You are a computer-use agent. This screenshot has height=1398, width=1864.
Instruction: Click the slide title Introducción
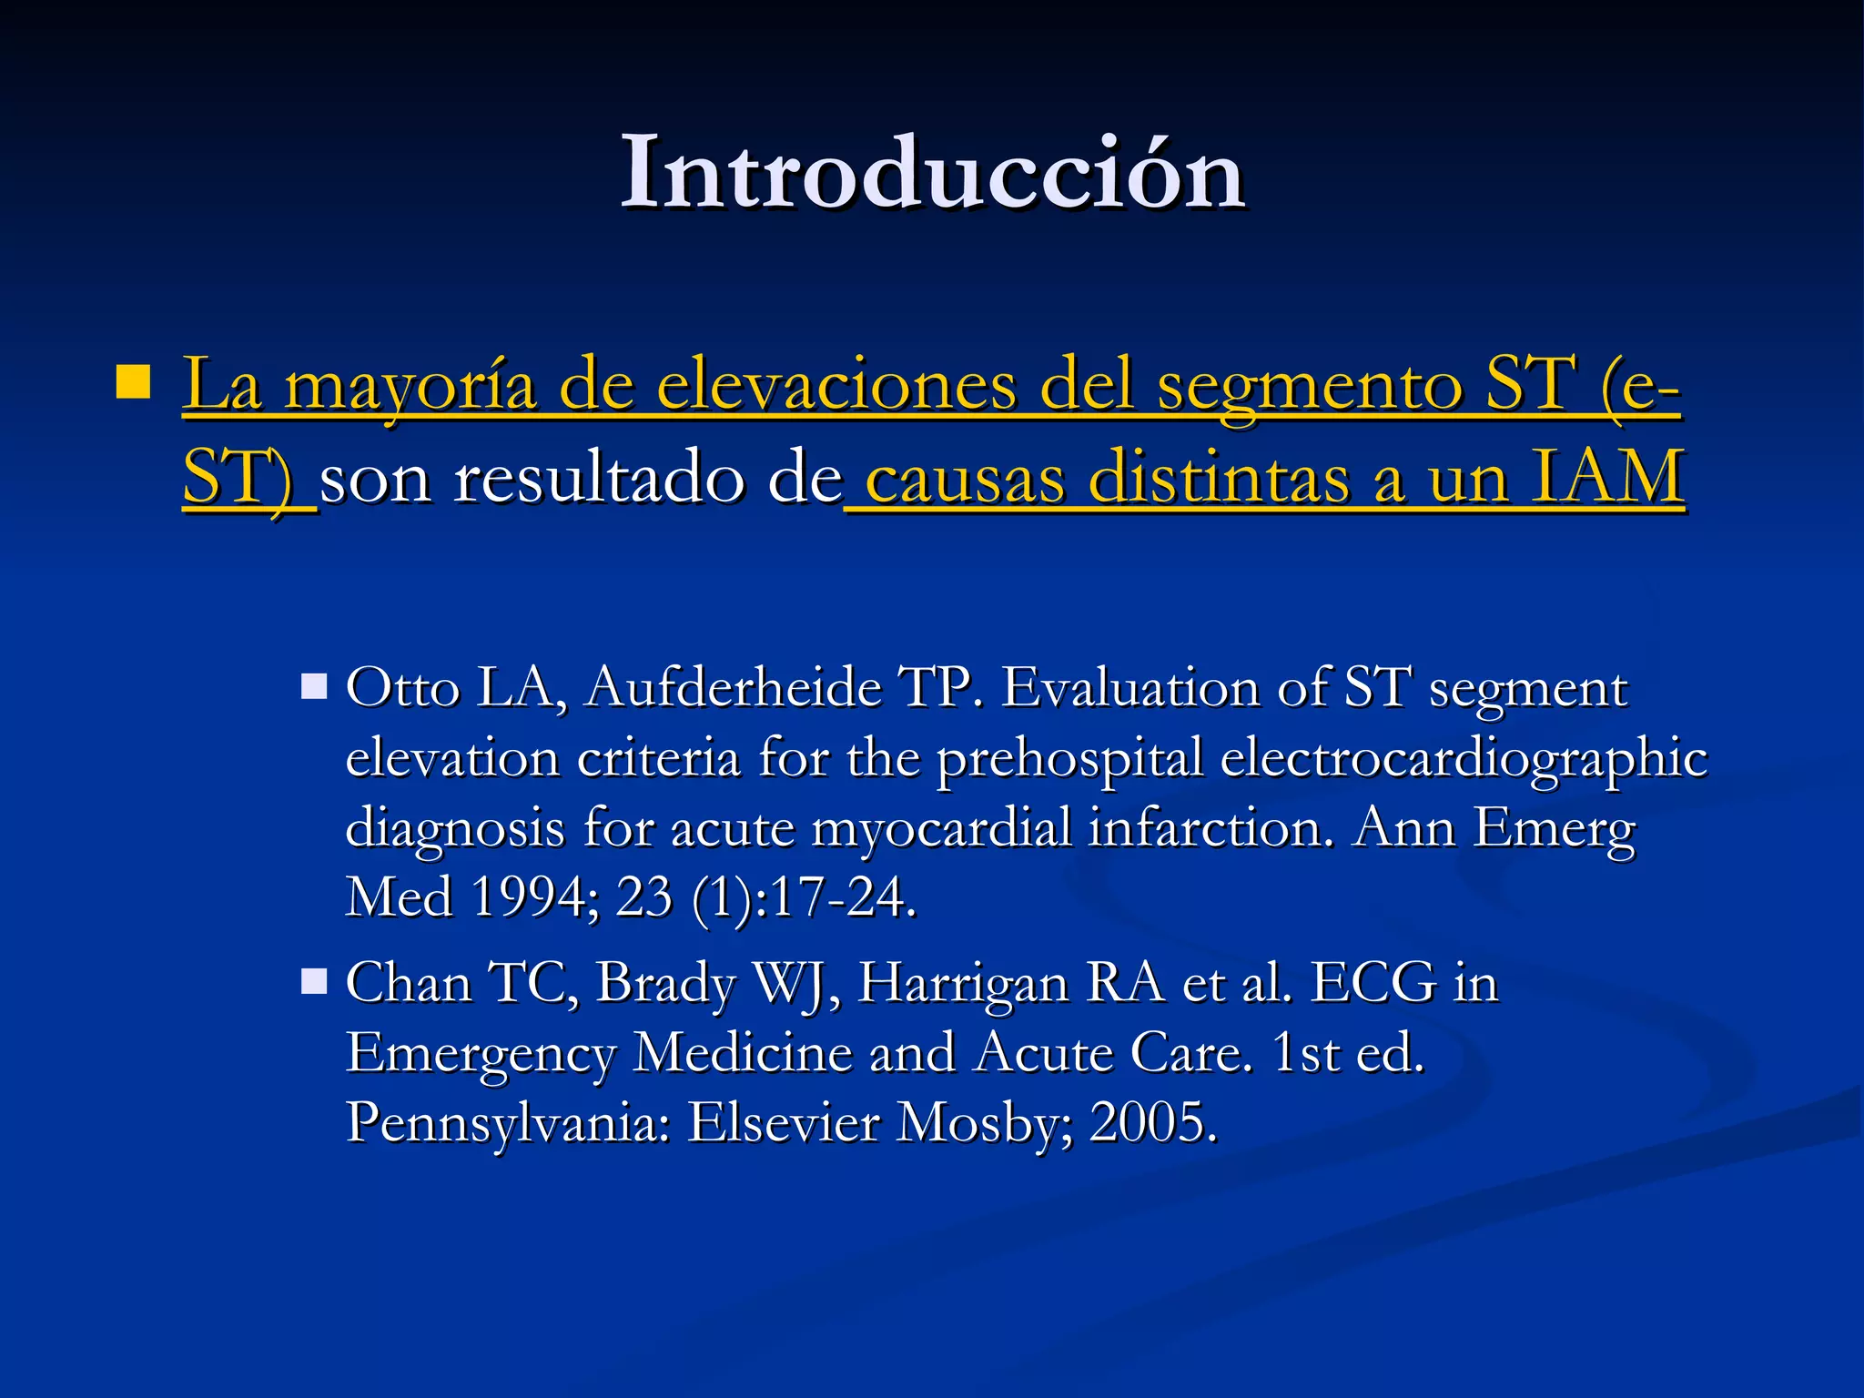coord(932,173)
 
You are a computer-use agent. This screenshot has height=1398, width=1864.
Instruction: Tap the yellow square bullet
coord(133,382)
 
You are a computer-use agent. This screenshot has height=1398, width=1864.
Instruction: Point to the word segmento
coord(1309,387)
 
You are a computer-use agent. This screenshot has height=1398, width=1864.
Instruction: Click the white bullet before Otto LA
coord(314,685)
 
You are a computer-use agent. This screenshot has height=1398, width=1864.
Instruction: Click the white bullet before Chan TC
coord(314,981)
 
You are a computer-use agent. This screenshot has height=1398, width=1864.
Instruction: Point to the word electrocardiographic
coord(1464,757)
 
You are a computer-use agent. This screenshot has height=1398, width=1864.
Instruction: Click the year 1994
coord(528,897)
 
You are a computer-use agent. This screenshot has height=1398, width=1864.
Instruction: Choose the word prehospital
coord(1070,759)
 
